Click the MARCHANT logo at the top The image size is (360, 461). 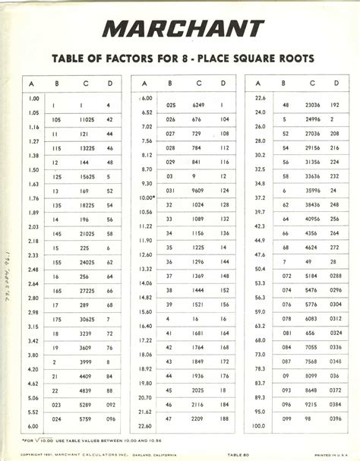[x=180, y=29]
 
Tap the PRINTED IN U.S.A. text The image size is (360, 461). [x=328, y=455]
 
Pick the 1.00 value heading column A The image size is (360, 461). [x=33, y=99]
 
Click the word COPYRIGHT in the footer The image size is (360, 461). [x=35, y=455]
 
